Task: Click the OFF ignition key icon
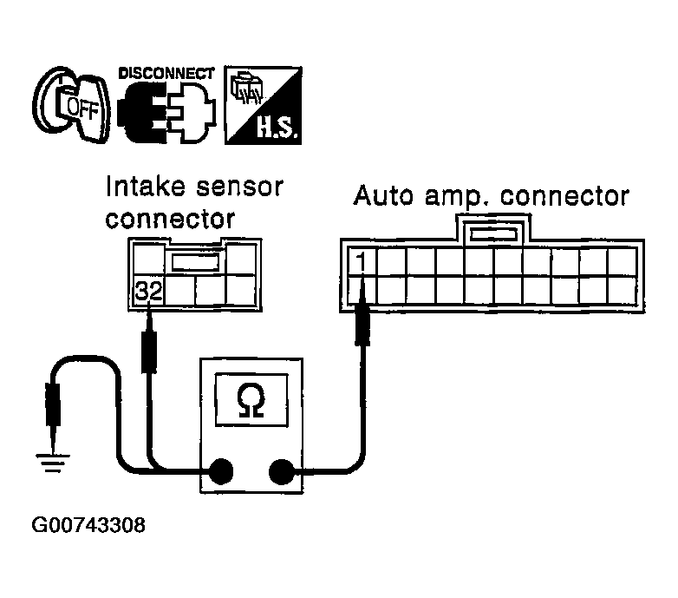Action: pos(70,107)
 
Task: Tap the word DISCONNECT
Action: pos(166,71)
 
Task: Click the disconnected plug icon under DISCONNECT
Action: pos(165,115)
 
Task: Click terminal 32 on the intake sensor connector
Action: pos(148,292)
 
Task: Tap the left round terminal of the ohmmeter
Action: pos(219,472)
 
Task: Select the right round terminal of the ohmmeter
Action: pos(281,472)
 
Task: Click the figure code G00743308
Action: pos(88,526)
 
